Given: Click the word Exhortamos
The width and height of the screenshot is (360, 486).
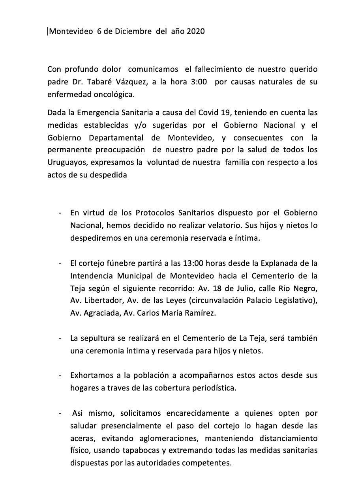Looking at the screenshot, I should (89, 375).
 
